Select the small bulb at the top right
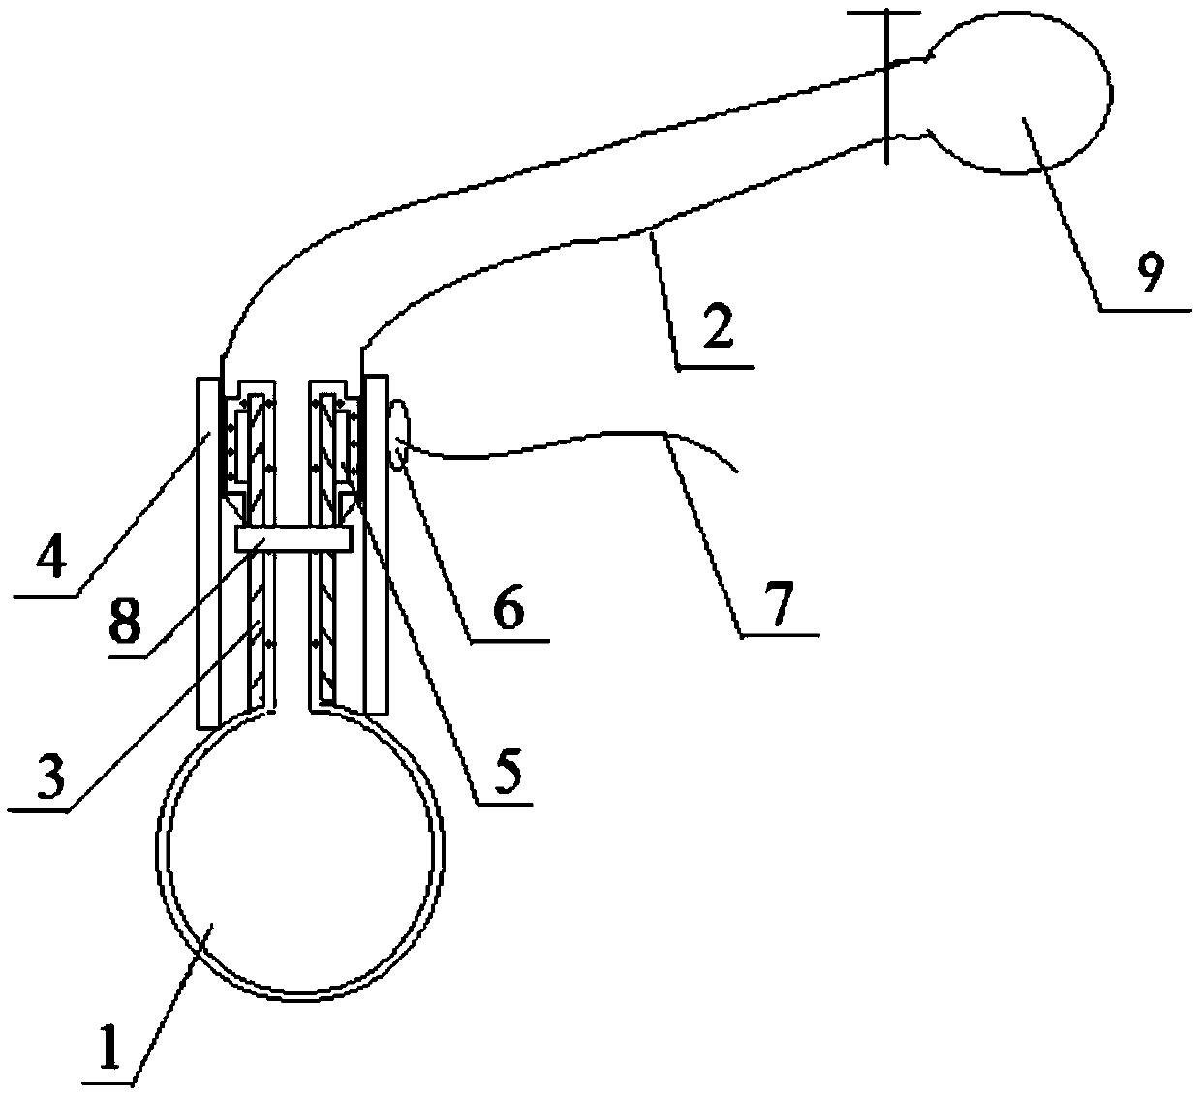[x=1027, y=97]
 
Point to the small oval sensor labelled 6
[x=400, y=439]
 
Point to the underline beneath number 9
[x=1143, y=310]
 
